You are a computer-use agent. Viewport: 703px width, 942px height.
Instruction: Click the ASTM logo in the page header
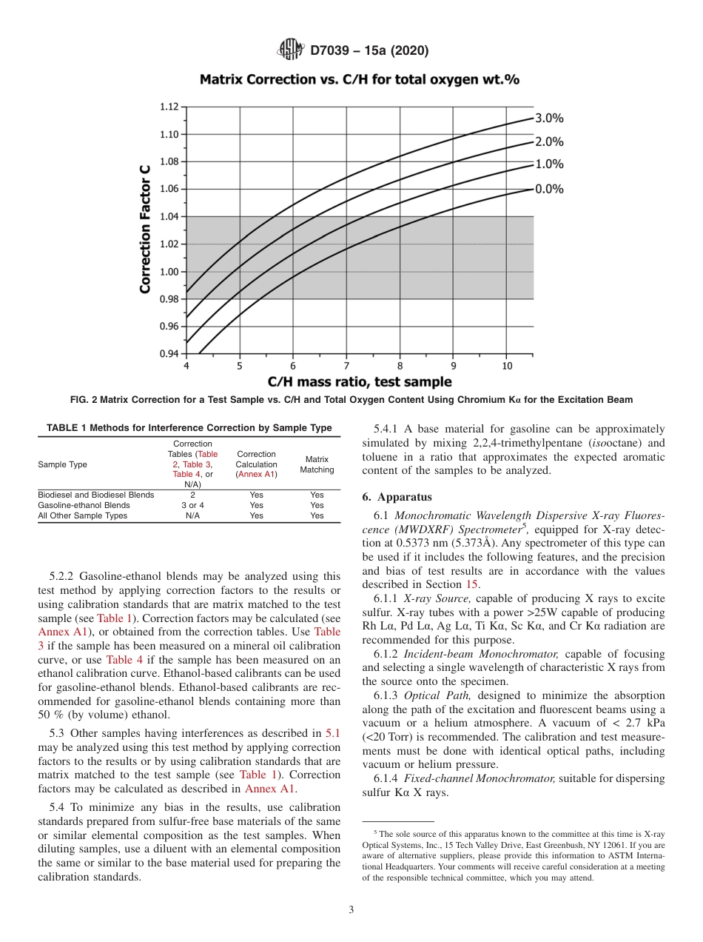click(x=290, y=50)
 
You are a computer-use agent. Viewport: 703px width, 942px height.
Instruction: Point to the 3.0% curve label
click(x=549, y=118)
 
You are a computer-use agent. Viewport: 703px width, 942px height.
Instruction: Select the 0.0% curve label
click(x=549, y=189)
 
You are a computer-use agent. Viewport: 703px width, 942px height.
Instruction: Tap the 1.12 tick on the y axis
click(x=169, y=107)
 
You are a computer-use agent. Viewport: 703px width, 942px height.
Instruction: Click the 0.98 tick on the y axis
click(x=169, y=298)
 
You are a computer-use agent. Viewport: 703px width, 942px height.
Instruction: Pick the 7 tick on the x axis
click(x=346, y=366)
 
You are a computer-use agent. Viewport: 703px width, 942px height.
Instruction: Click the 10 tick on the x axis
click(x=507, y=366)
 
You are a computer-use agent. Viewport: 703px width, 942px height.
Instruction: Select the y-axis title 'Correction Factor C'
click(x=146, y=230)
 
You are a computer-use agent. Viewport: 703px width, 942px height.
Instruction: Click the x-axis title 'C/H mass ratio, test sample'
click(x=359, y=382)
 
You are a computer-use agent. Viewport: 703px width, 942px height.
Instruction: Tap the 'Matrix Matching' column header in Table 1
click(x=317, y=464)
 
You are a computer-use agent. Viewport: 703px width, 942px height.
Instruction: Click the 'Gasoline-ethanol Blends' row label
click(x=84, y=505)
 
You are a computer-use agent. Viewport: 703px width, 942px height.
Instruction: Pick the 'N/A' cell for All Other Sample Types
click(x=192, y=515)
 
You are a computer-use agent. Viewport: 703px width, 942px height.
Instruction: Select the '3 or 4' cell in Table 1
click(x=192, y=505)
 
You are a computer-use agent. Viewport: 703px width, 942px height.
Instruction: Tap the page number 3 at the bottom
click(x=351, y=910)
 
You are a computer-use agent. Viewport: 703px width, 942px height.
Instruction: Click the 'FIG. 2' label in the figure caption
click(x=84, y=400)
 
